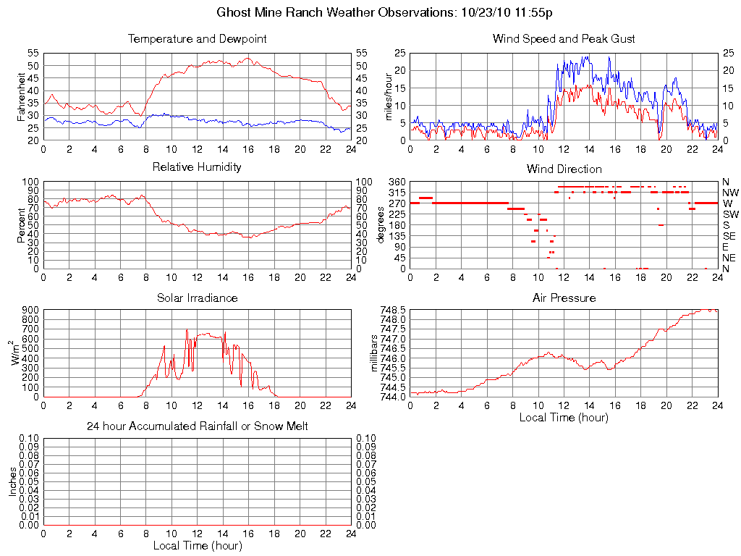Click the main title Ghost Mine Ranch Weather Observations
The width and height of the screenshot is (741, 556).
[x=385, y=12]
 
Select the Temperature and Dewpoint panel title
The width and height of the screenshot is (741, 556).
[x=197, y=38]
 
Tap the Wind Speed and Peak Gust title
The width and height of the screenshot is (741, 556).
[x=564, y=38]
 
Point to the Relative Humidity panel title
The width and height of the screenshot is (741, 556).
[x=197, y=167]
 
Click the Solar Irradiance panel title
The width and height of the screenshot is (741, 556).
[x=197, y=298]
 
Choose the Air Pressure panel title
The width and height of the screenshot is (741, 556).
[x=564, y=298]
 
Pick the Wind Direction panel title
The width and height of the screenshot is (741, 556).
[x=564, y=169]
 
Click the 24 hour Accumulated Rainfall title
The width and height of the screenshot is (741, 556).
[x=197, y=426]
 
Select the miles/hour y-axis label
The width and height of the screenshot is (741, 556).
[x=389, y=96]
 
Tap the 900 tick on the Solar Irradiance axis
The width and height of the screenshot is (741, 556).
[x=30, y=310]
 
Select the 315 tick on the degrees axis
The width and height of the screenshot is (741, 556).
[x=397, y=193]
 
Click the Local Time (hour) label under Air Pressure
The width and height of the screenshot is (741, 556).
[x=564, y=417]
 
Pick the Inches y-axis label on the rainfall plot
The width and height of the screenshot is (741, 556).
[x=12, y=481]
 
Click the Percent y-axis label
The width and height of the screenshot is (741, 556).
[x=21, y=225]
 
